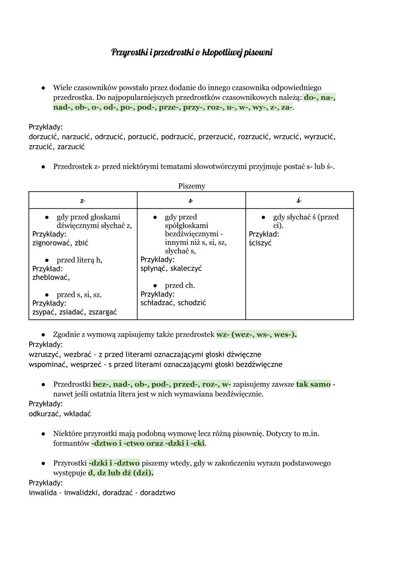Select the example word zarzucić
71,147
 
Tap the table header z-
83,201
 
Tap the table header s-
191,201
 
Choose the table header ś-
299,201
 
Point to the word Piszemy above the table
192,186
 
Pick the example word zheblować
51,277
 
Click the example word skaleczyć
186,268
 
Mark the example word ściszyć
260,243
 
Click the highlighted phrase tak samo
313,384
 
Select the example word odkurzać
44,414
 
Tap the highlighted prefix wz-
223,334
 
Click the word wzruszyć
44,354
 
